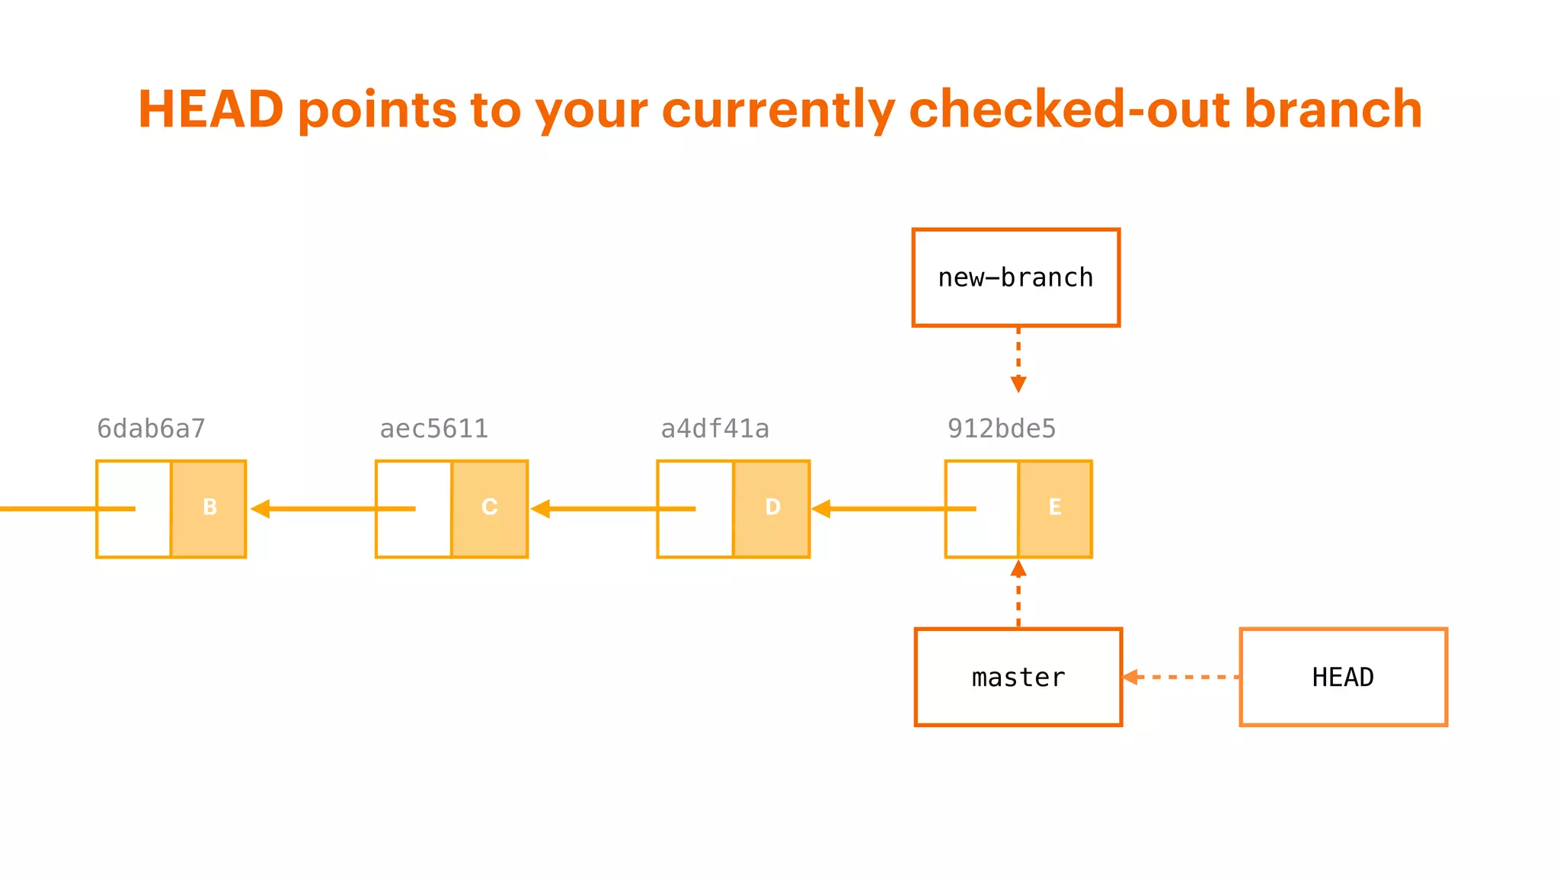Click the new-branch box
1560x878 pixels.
click(x=1015, y=277)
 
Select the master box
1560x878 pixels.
click(x=1018, y=677)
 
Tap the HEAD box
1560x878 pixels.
click(x=1343, y=677)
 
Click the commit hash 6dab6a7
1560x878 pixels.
click(x=151, y=429)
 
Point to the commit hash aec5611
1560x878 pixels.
click(x=433, y=429)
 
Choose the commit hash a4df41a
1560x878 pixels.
click(x=714, y=429)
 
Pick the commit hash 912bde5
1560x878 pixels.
click(x=1001, y=429)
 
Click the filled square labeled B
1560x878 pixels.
click(x=209, y=508)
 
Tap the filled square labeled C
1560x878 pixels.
click(x=490, y=508)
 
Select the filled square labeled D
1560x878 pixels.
click(x=772, y=508)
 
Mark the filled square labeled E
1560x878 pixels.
click(x=1055, y=508)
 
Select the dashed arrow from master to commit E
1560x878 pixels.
click(x=1018, y=594)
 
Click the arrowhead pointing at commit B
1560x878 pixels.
click(x=260, y=508)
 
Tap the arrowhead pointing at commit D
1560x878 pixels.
click(x=821, y=508)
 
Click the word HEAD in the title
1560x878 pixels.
click(x=211, y=109)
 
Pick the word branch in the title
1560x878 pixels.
click(x=1333, y=109)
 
